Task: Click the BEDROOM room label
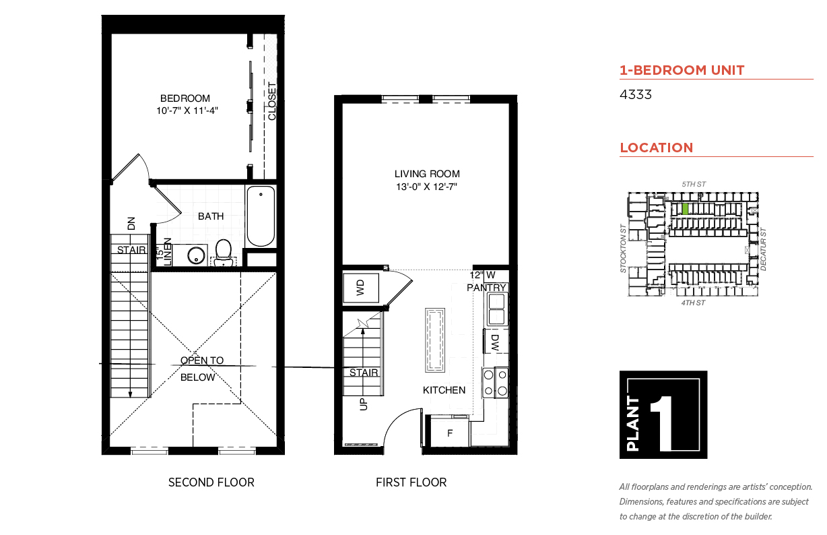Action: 185,98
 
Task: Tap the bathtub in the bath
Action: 261,216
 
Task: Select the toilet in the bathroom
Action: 223,253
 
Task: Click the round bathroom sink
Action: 196,255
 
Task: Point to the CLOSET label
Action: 272,101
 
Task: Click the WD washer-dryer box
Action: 361,288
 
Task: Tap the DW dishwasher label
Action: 495,342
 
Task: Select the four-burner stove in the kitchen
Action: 495,383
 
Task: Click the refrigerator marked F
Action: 450,433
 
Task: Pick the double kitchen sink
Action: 497,309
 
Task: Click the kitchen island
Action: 435,340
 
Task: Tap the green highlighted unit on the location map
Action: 685,209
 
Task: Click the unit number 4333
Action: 636,94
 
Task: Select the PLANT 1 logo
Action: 663,414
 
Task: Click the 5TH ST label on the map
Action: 694,184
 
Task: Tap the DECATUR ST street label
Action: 763,249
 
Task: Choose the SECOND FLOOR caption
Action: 211,482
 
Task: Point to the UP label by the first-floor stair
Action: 364,404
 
